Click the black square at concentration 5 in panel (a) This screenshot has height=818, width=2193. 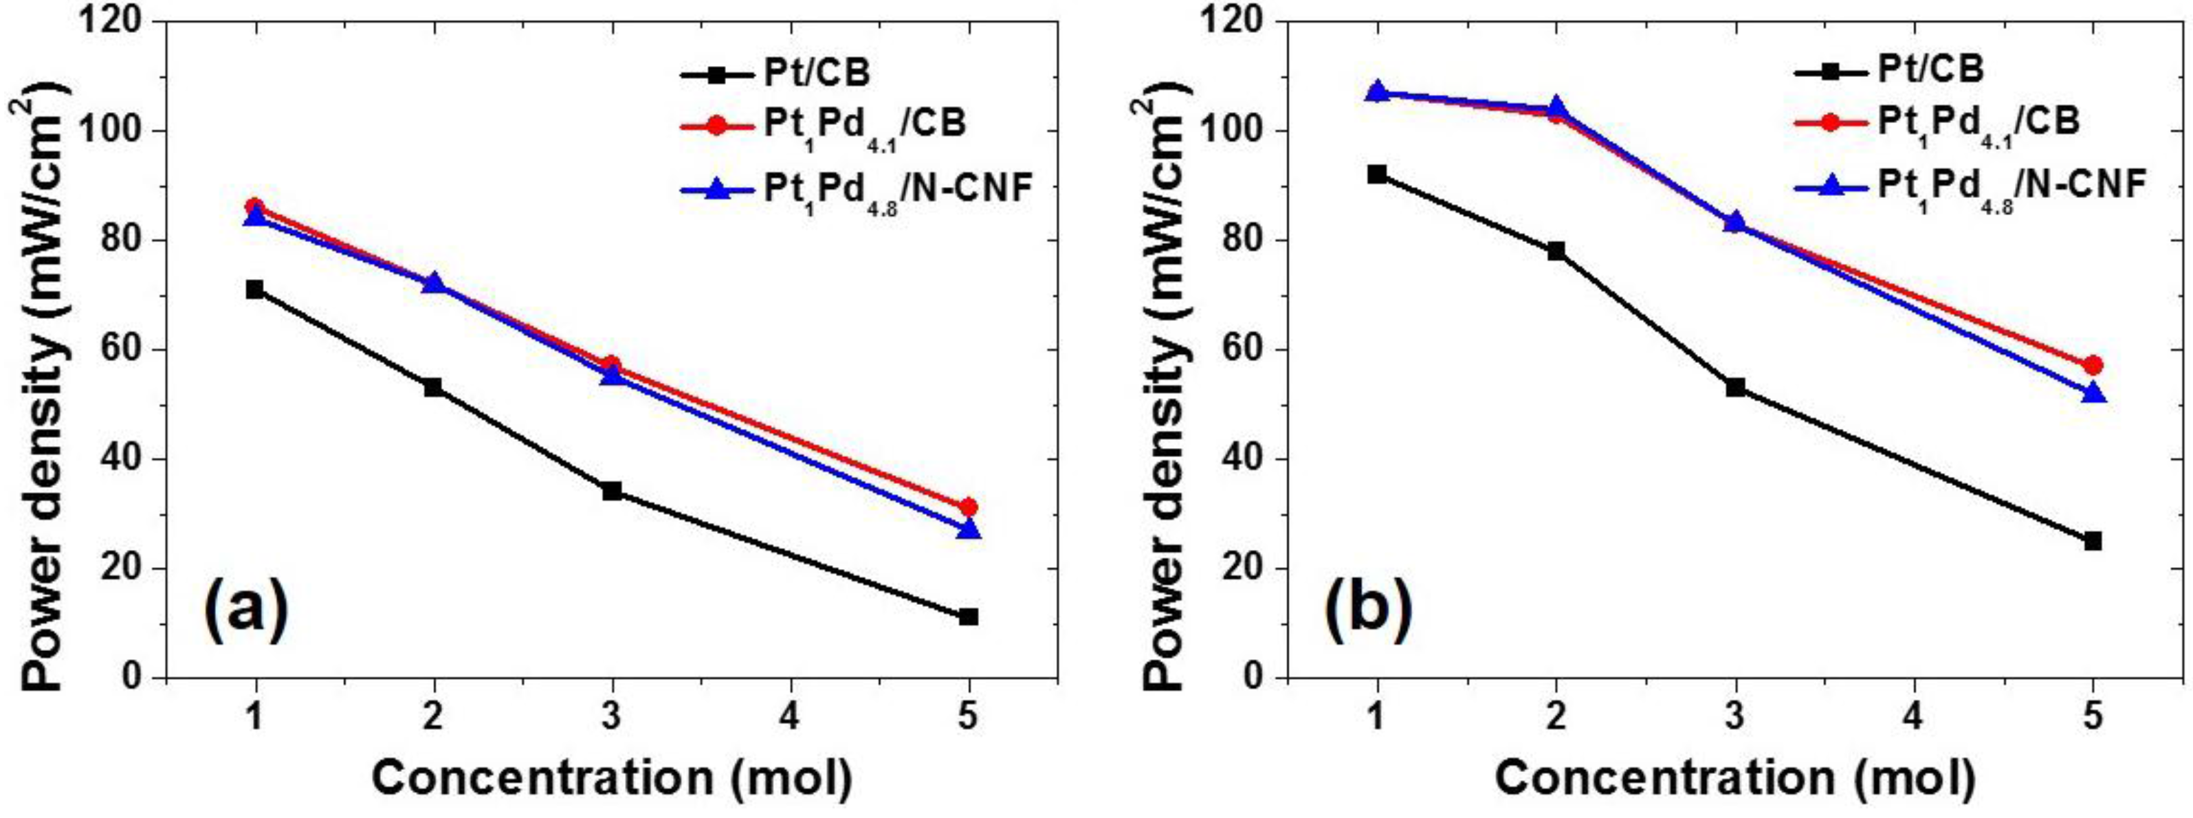coord(968,617)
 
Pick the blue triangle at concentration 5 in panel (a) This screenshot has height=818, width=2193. coord(969,529)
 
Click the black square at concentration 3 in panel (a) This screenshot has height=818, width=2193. coord(611,491)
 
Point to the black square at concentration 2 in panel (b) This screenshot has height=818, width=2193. coord(1556,251)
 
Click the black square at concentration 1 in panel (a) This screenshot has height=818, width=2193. coord(254,290)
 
